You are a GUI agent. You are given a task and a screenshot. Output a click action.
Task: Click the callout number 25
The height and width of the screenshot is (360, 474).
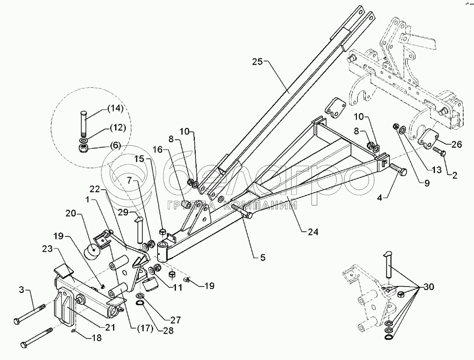257,62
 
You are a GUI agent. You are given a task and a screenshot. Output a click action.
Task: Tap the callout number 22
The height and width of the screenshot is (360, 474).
95,189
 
